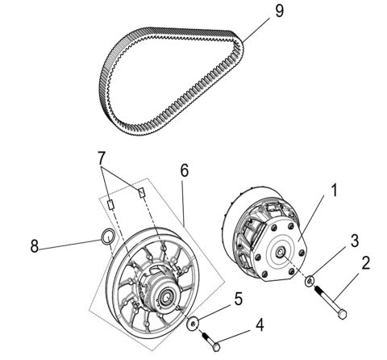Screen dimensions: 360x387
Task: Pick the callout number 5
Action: point(185,170)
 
